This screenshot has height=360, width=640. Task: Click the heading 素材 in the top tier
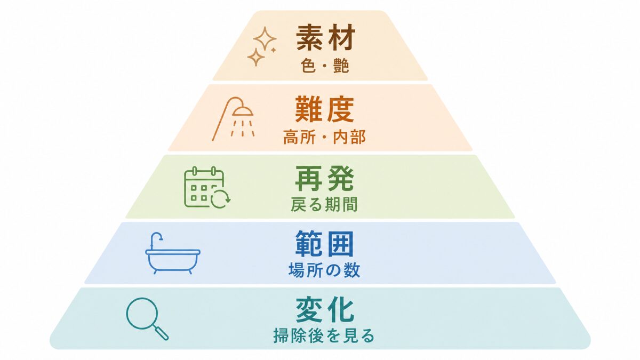coord(326,37)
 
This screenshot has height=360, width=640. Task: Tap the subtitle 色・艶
coord(325,66)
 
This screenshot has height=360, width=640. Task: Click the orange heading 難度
coord(325,109)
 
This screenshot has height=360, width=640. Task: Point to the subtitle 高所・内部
coord(325,137)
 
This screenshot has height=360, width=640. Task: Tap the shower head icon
coord(233,119)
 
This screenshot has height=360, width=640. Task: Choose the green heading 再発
coord(325,179)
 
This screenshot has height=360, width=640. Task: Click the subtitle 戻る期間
coord(324,204)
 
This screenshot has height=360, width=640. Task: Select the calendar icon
coord(207,187)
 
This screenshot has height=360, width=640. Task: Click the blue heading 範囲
coord(325,244)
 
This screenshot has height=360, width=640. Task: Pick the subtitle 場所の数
coord(324,270)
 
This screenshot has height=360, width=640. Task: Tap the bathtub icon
coord(173,253)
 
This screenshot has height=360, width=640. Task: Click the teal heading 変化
coord(325,310)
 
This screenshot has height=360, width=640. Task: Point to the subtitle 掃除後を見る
coord(324,335)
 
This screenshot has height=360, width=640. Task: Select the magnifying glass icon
coord(147,319)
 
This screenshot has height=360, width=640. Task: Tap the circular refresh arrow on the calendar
coord(221,198)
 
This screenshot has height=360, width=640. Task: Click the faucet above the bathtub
coord(156,240)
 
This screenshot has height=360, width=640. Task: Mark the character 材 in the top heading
coord(342,37)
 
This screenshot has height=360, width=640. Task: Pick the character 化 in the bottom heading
coord(341,310)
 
